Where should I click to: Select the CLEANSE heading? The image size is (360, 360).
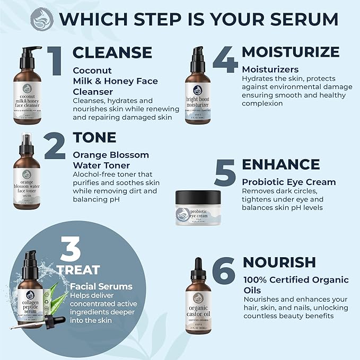(112, 52)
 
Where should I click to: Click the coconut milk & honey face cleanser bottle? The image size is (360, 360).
(27, 87)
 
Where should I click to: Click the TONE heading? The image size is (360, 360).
(94, 137)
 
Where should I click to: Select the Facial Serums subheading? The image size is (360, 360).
(101, 286)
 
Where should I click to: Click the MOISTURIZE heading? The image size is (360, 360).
(291, 52)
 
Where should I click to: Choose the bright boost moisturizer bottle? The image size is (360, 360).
(198, 89)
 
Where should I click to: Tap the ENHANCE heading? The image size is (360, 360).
(281, 164)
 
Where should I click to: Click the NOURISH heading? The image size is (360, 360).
(279, 262)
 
